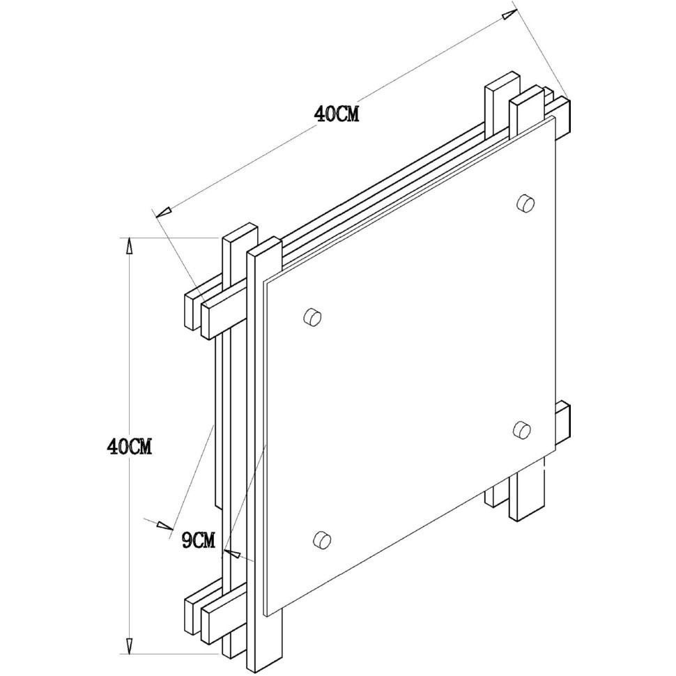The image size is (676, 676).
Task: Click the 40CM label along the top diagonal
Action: [337, 114]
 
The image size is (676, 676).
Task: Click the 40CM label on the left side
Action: [130, 446]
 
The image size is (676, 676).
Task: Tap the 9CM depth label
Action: [199, 540]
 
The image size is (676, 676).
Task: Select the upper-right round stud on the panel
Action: [525, 202]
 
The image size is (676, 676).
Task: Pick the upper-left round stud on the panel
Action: [313, 317]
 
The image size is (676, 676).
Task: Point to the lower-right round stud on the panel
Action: [523, 429]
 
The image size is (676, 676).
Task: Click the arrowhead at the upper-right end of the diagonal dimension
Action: [508, 13]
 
